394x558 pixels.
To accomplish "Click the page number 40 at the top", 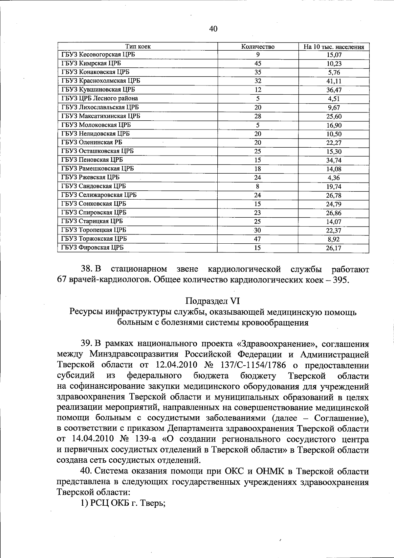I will click(x=213, y=29).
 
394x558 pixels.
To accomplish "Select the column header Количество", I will click(x=258, y=47).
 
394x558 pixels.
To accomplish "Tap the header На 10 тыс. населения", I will click(x=334, y=47).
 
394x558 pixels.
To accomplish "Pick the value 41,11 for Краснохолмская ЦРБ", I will click(x=333, y=81).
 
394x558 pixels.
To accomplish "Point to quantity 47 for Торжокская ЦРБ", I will click(x=258, y=239).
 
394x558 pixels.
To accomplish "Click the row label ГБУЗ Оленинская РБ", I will click(x=92, y=142).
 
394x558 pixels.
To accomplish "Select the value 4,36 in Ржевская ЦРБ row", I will click(x=333, y=178).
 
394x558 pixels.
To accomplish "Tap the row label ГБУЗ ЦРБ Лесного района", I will click(x=99, y=98).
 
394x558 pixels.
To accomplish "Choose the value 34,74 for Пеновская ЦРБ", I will click(x=333, y=160).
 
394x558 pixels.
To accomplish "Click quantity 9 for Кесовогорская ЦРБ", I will click(x=258, y=55).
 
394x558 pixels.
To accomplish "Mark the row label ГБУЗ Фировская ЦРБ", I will click(x=92, y=248).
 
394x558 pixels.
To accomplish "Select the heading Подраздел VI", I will click(x=213, y=301).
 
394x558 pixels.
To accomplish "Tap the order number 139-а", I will click(x=140, y=439).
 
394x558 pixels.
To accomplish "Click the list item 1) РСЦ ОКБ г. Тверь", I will click(x=122, y=503).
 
